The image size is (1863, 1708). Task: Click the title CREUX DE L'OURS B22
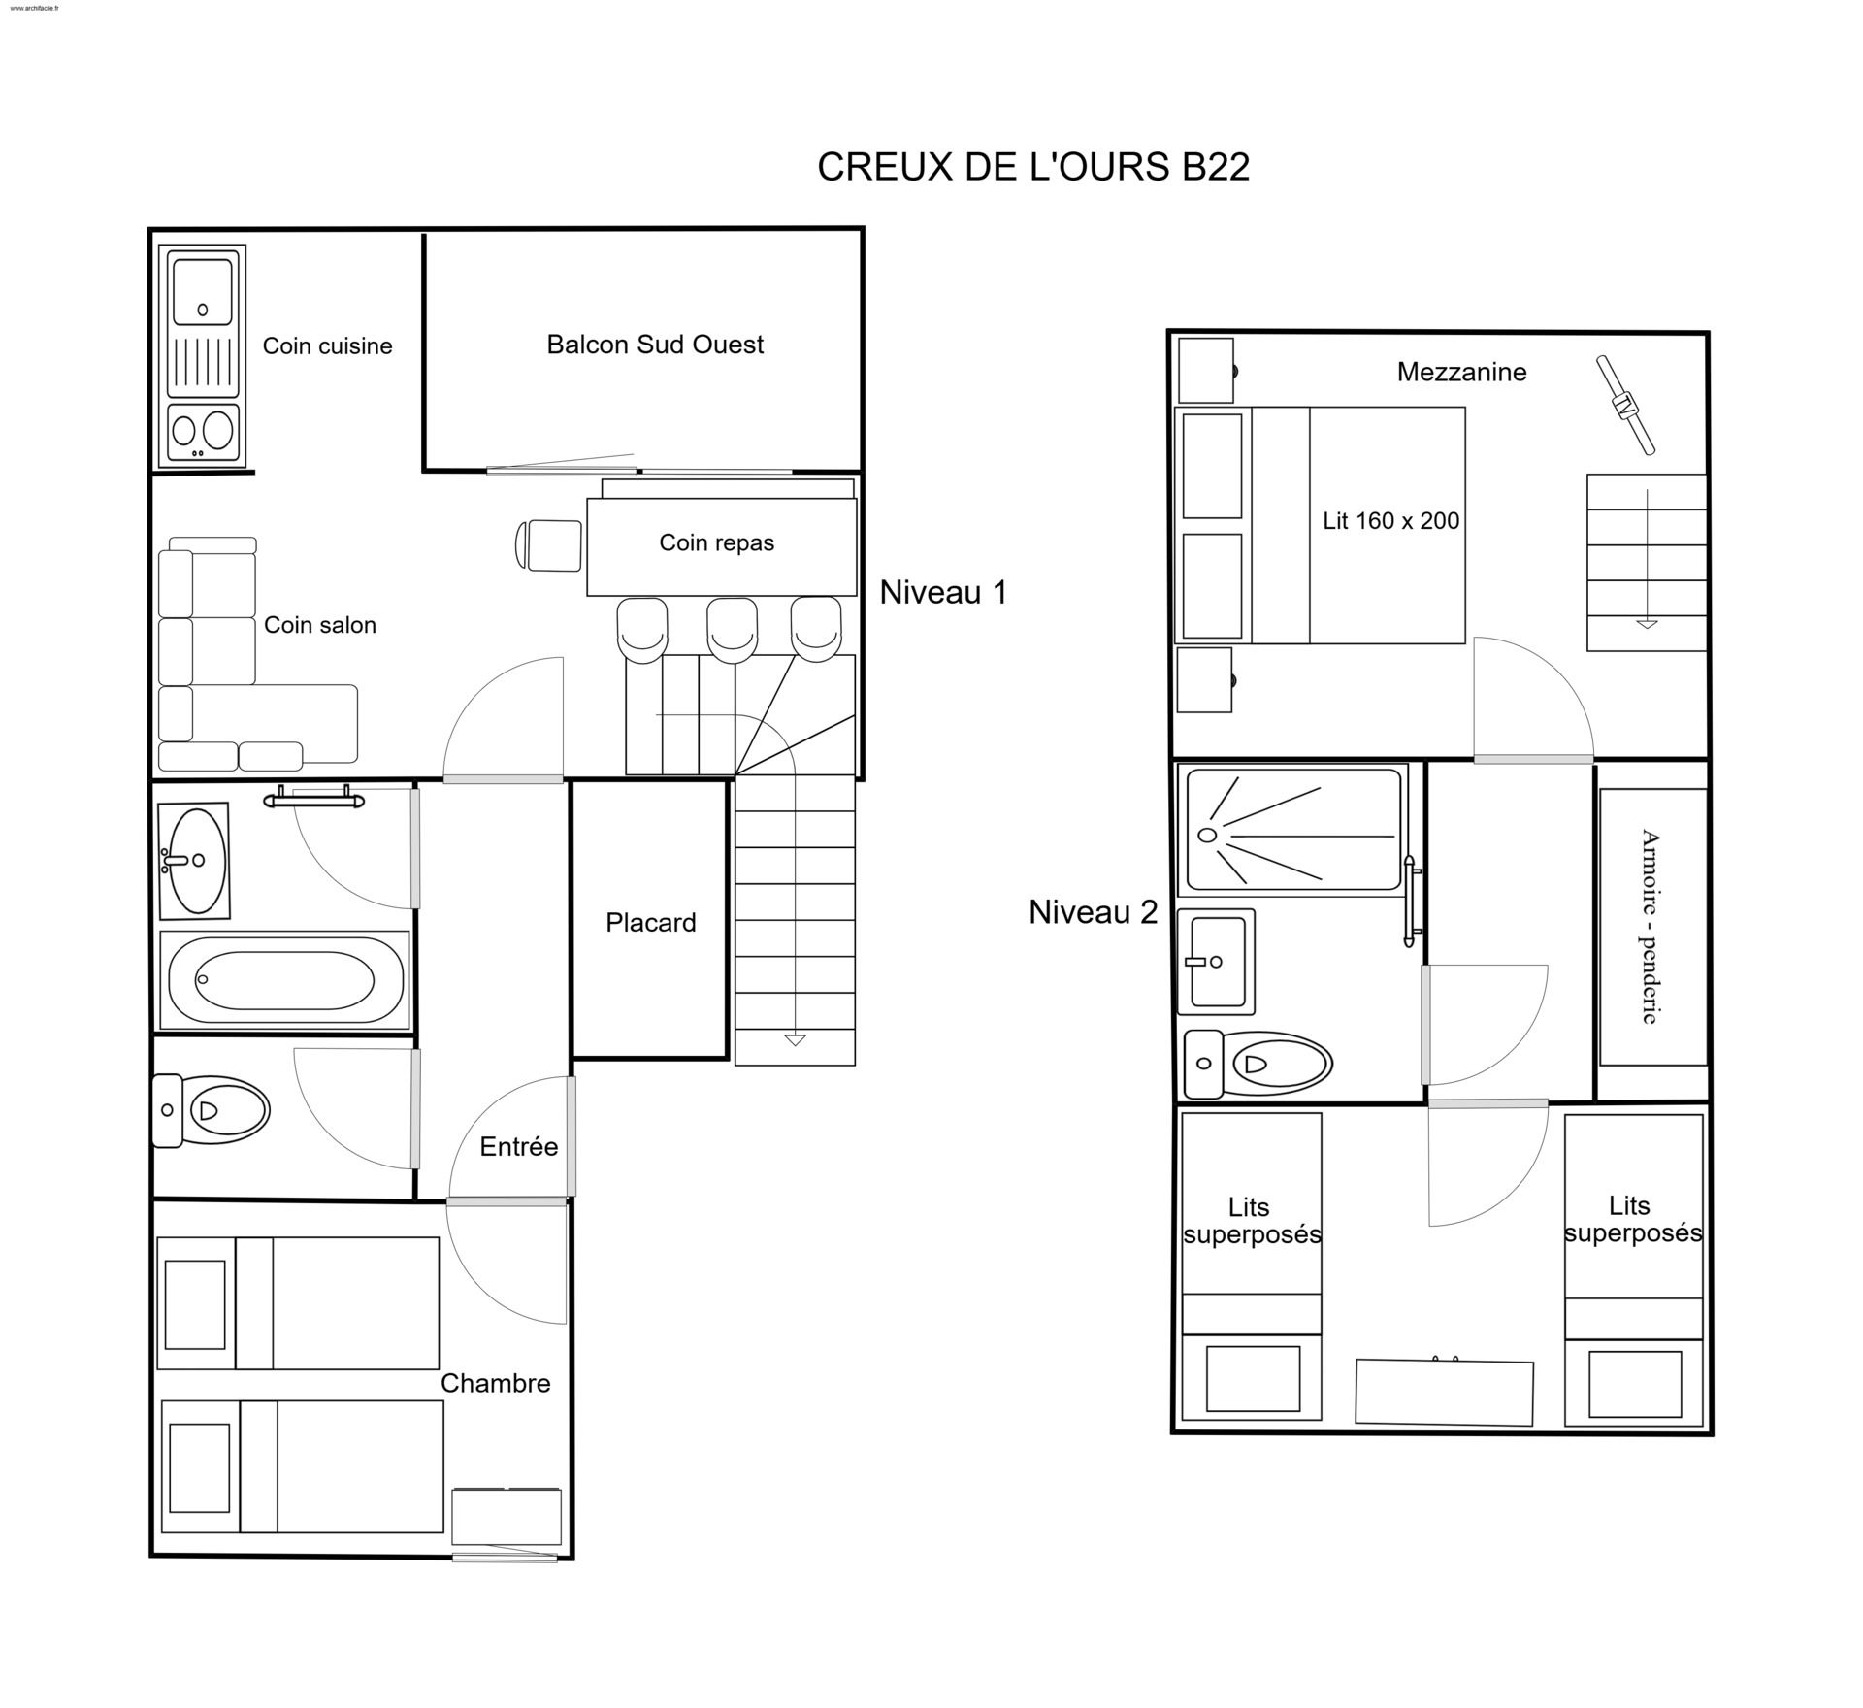(x=1033, y=167)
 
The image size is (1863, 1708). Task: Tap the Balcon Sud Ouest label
(x=655, y=345)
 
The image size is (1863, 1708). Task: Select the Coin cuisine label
(x=328, y=346)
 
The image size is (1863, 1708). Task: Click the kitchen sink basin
(x=203, y=292)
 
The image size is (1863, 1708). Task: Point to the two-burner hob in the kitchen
(x=203, y=432)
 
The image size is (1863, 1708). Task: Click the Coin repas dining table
(x=722, y=546)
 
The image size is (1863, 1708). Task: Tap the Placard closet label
(x=651, y=923)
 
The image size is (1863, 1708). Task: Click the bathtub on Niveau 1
(x=283, y=980)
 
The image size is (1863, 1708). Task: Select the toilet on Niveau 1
(x=211, y=1110)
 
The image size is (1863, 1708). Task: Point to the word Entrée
(x=519, y=1147)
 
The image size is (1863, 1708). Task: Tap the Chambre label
(x=496, y=1384)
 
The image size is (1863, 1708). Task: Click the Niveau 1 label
(x=943, y=593)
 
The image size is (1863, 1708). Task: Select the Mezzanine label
(x=1461, y=372)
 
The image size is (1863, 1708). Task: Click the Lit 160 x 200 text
(x=1391, y=521)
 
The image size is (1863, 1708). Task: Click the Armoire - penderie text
(x=1650, y=926)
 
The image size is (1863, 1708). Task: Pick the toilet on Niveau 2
(x=1258, y=1065)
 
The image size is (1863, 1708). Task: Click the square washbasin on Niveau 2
(x=1216, y=962)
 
